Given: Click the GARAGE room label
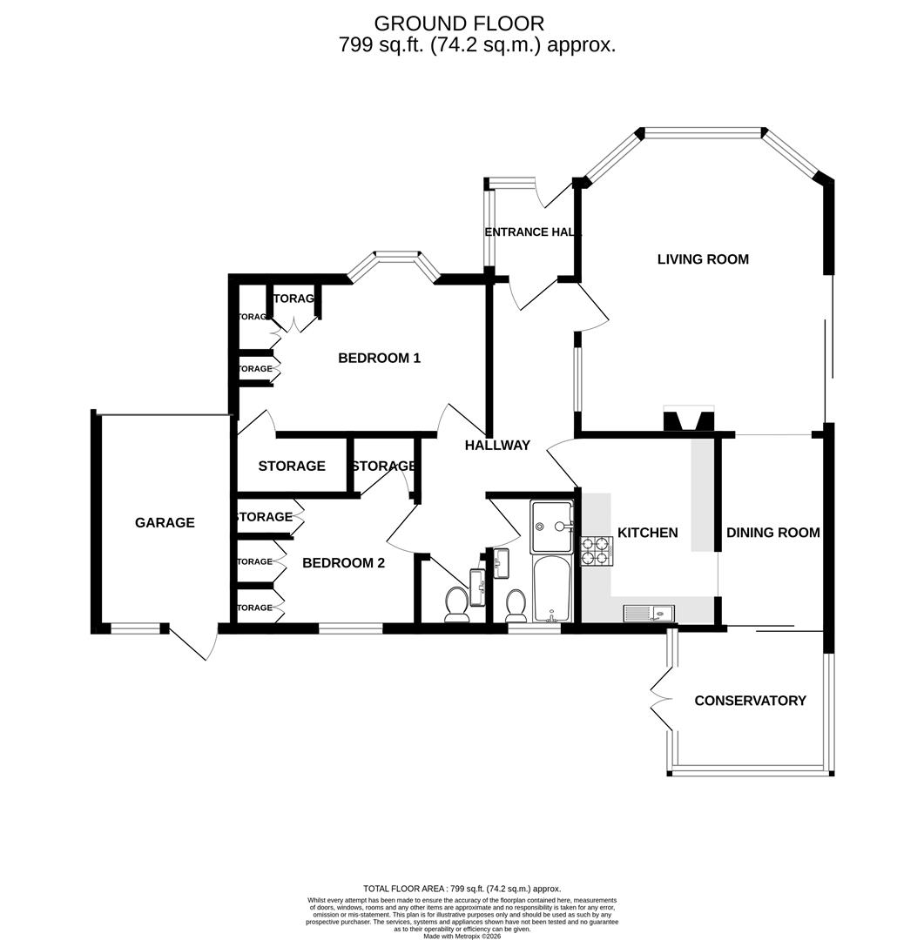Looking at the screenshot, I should coord(165,523).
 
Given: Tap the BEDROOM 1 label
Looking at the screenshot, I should coord(379,358).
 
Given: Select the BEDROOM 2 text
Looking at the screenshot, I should coord(343,563).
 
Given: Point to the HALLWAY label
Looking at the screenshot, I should coord(496,446).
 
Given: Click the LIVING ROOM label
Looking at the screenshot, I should coord(703,259).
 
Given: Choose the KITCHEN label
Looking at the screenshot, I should coord(647,533).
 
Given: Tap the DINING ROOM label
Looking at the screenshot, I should coord(772,533).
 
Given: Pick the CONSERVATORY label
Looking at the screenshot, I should coord(750,701).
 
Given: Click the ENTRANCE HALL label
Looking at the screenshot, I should coord(532,232).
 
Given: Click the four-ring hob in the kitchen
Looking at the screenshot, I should coord(597,551).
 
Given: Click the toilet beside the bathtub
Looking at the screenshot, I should coord(516,603).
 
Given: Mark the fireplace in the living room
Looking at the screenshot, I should coord(688,420).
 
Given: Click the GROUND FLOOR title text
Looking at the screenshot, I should coord(459,23).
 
